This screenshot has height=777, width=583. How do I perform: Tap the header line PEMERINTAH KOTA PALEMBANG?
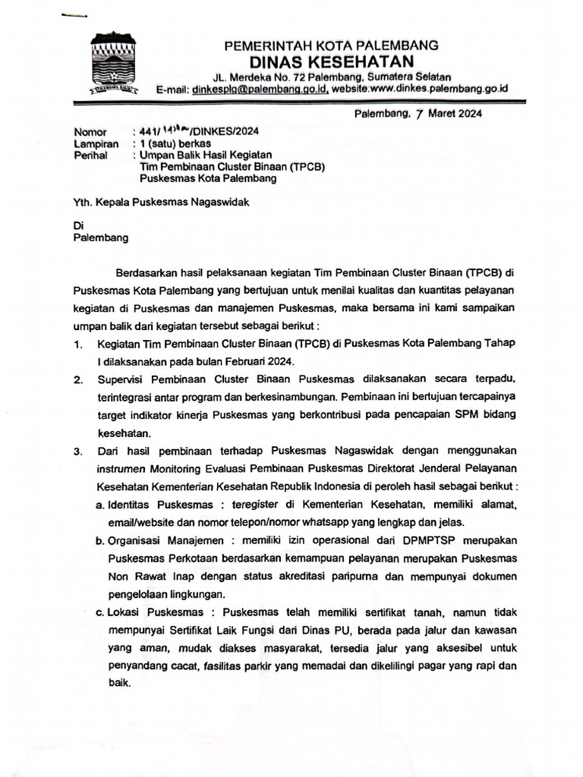point(331,46)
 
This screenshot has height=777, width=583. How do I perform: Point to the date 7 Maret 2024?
point(445,114)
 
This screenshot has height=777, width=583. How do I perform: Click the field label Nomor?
point(90,132)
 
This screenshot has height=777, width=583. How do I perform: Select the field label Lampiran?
point(96,143)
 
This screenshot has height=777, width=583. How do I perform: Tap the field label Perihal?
point(90,155)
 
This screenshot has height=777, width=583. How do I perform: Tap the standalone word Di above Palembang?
point(77,225)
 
